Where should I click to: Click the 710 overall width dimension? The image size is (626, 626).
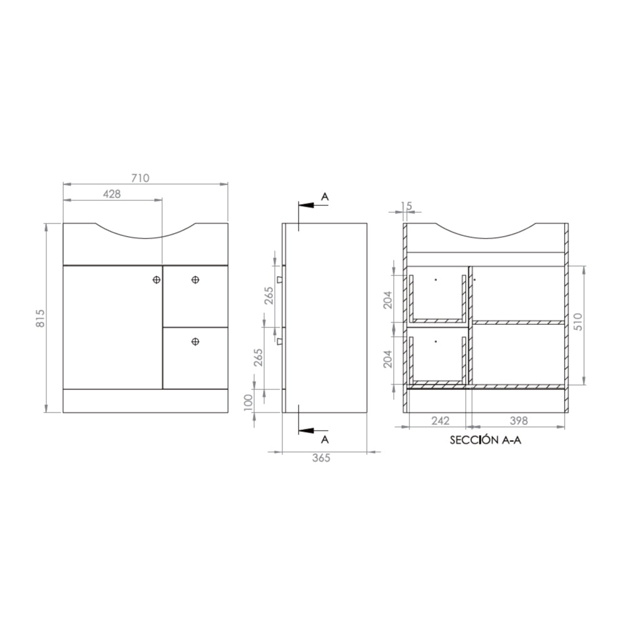pos(140,178)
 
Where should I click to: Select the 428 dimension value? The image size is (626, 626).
pos(111,194)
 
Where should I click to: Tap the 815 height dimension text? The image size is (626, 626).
pos(39,318)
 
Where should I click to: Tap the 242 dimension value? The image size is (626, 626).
pos(440,421)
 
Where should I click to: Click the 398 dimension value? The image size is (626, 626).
pos(518,421)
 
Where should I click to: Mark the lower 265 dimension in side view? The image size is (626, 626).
pos(257,357)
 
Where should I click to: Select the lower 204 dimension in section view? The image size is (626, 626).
pos(387,358)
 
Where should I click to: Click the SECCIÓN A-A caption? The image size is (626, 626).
pos(485,440)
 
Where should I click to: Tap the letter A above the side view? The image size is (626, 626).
pos(324,197)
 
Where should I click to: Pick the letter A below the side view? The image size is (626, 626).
pos(324,439)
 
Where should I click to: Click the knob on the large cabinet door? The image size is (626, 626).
pos(156,280)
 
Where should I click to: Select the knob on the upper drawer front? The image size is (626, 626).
pos(195,280)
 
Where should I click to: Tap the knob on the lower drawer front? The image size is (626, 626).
pos(195,341)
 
